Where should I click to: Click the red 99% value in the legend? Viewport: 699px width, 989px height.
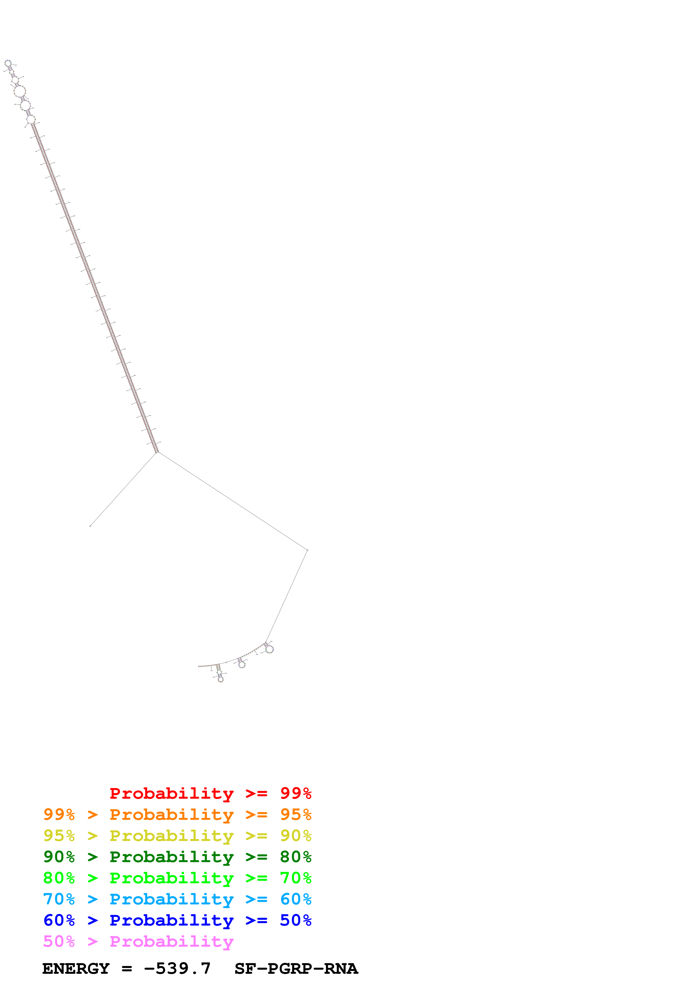click(296, 793)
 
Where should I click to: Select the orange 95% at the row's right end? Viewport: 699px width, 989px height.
click(296, 814)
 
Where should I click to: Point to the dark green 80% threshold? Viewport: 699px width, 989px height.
click(296, 857)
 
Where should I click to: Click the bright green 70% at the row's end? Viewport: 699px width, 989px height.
click(296, 878)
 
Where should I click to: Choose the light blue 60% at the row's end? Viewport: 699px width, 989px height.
click(296, 899)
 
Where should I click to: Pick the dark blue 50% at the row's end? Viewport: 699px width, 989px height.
click(296, 920)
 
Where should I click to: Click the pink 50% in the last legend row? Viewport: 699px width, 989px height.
click(59, 941)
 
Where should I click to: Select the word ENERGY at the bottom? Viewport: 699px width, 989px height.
click(76, 969)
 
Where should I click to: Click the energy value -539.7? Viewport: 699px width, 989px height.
click(177, 969)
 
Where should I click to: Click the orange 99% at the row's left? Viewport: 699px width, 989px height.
click(59, 814)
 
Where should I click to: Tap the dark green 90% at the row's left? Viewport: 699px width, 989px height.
click(59, 857)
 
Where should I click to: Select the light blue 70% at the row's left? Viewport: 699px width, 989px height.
click(59, 899)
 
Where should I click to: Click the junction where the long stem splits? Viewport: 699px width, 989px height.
click(157, 452)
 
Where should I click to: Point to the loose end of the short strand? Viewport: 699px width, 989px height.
click(90, 526)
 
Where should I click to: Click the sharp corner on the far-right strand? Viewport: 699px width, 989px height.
click(307, 550)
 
